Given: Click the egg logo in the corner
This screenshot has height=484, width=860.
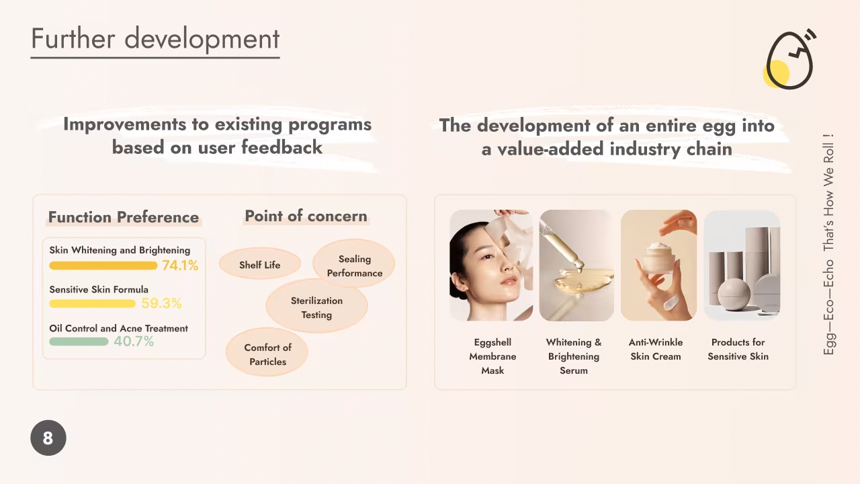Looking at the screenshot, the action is (x=789, y=60).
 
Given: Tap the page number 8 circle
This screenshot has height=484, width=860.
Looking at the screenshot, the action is (x=48, y=438).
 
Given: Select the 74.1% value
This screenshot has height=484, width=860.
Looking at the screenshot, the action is (x=180, y=266).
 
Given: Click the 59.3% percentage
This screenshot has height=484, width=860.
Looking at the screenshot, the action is (x=161, y=303).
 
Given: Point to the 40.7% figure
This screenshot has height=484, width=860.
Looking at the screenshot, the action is (x=134, y=341).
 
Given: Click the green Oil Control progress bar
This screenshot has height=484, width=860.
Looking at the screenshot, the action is (x=79, y=341).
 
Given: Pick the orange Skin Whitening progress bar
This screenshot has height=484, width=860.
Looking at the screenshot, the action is (x=103, y=266).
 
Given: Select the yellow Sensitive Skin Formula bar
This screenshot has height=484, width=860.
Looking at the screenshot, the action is (x=93, y=303).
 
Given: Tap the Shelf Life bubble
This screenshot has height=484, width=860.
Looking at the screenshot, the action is (x=260, y=264).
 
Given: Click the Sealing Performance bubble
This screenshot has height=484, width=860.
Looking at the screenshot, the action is (x=354, y=264).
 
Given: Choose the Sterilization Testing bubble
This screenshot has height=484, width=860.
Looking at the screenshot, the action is (x=316, y=306).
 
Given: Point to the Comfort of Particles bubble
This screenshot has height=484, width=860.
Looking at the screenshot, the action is (x=267, y=352).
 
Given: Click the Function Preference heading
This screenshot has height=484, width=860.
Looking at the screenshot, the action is (x=124, y=217).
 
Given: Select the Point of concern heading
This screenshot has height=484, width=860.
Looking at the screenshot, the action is (x=306, y=216).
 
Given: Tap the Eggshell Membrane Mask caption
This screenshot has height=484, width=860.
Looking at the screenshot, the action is (x=492, y=356).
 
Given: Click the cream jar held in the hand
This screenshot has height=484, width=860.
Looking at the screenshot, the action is (x=660, y=257).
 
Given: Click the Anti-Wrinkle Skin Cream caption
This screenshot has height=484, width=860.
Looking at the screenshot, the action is (x=656, y=349).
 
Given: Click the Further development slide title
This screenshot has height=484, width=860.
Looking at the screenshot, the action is (x=155, y=38).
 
